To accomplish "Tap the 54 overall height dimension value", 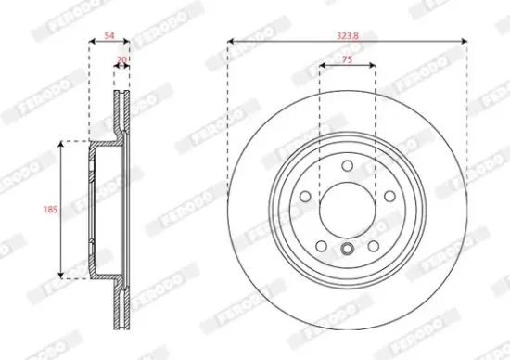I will (x=109, y=35).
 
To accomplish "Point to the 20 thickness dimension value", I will (x=121, y=58).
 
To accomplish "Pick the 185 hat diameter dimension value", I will (x=52, y=211).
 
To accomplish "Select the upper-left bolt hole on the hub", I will (x=306, y=197).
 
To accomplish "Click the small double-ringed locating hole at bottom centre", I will (x=347, y=248).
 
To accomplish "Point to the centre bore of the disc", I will (x=347, y=209).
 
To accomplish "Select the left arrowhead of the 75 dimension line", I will (x=323, y=66).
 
